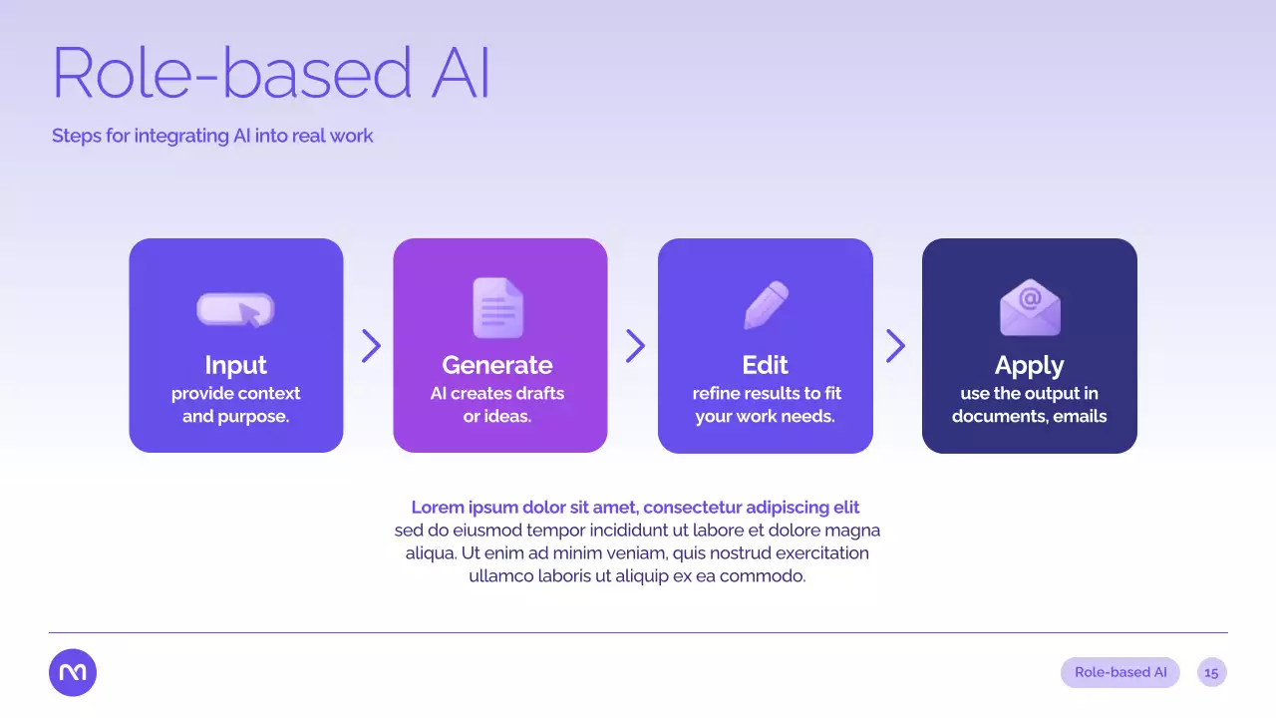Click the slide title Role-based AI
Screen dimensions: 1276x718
270,73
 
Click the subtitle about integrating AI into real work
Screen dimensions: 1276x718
212,136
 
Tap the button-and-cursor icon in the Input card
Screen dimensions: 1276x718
235,310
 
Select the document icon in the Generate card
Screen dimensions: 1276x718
497,308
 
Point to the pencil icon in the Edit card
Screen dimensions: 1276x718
767,305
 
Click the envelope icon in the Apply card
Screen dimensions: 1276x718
1030,307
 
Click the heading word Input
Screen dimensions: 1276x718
236,365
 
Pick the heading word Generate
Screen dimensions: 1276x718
497,365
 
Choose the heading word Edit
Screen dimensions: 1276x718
765,365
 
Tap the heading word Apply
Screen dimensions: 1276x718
1030,366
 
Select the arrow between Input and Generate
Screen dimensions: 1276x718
371,346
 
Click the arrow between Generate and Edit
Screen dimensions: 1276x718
635,346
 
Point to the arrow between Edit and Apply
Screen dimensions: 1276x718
895,346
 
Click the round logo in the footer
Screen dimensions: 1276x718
73,672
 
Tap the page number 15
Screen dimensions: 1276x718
1211,673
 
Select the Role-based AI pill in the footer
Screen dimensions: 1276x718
1120,672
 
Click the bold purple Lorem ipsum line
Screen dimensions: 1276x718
635,508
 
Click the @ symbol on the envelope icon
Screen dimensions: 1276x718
1030,298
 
